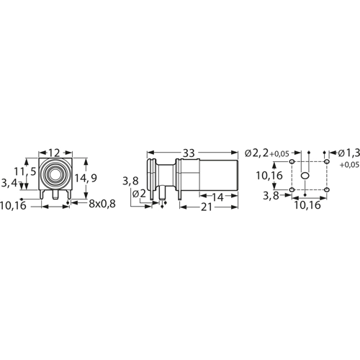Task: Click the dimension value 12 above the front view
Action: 54,153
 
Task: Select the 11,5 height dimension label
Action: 25,171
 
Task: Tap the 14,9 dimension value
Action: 86,178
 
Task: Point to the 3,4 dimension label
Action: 9,183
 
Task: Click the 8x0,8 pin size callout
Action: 102,204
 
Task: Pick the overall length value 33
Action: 189,153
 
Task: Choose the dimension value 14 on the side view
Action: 218,197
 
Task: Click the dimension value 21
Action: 207,207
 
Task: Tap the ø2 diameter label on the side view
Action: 139,194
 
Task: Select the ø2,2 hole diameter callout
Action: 257,153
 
